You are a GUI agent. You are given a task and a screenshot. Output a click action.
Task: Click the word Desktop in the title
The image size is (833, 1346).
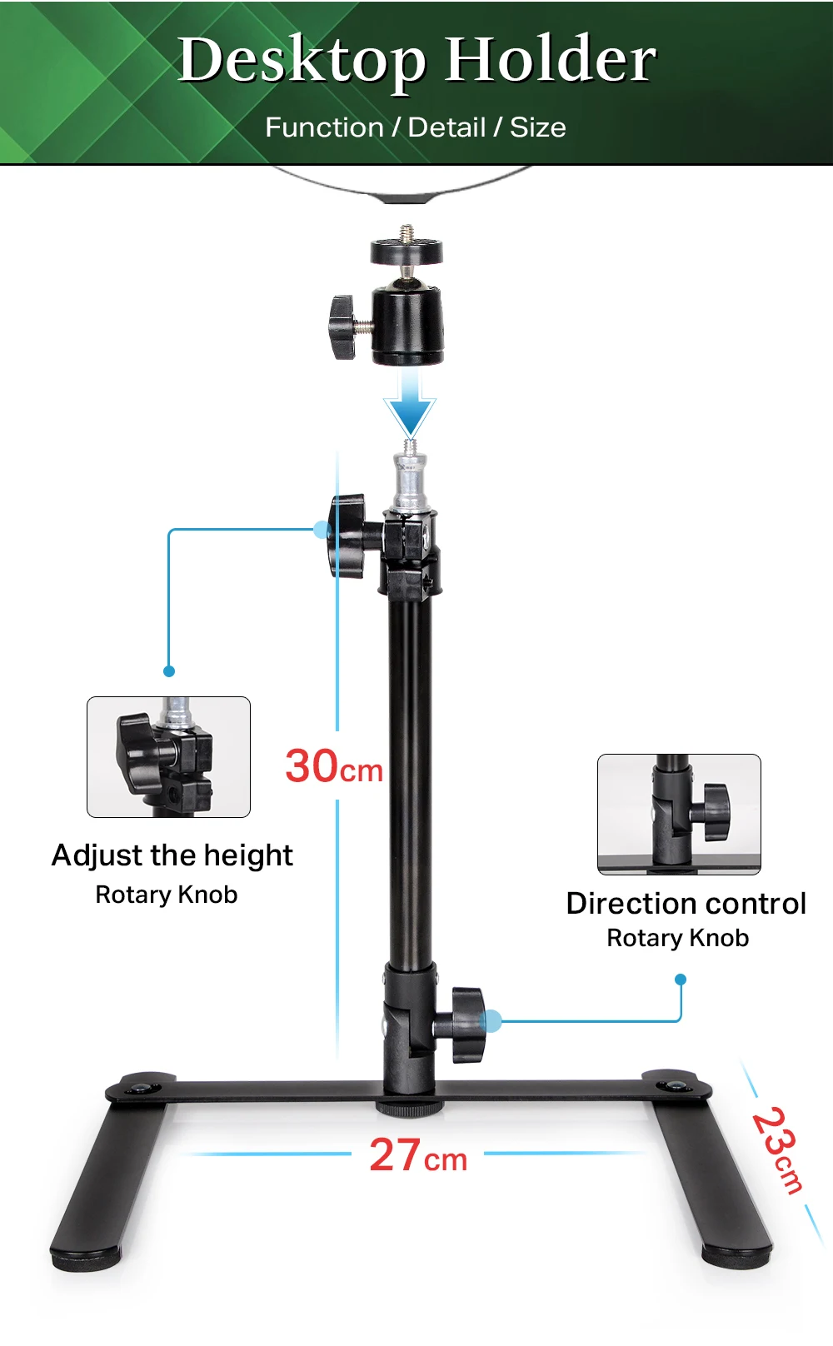pos(302,60)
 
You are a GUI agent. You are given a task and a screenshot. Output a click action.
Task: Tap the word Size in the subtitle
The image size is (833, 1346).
pos(538,127)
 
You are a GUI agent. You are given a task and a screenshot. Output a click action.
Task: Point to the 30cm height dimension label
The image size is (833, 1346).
pos(333,766)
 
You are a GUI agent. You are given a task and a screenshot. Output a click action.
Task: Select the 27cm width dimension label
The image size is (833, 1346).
pos(417,1156)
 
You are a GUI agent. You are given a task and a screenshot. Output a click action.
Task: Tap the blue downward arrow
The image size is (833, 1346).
pos(410,403)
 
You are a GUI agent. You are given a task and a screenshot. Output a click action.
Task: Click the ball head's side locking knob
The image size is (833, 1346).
pos(342,327)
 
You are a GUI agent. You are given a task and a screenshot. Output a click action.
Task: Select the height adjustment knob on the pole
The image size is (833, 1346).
pos(347,536)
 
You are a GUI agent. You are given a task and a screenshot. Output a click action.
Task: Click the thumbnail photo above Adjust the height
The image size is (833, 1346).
pos(168,756)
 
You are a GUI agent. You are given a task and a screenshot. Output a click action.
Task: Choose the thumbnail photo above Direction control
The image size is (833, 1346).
pos(679,814)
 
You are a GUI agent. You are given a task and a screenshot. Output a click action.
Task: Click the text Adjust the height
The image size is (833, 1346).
pos(172,855)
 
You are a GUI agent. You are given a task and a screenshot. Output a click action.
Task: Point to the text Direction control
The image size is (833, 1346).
pos(686,904)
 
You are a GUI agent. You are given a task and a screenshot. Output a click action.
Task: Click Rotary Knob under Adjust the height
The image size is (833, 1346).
pos(167,895)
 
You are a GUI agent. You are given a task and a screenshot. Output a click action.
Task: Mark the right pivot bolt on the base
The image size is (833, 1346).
pos(674,1085)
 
